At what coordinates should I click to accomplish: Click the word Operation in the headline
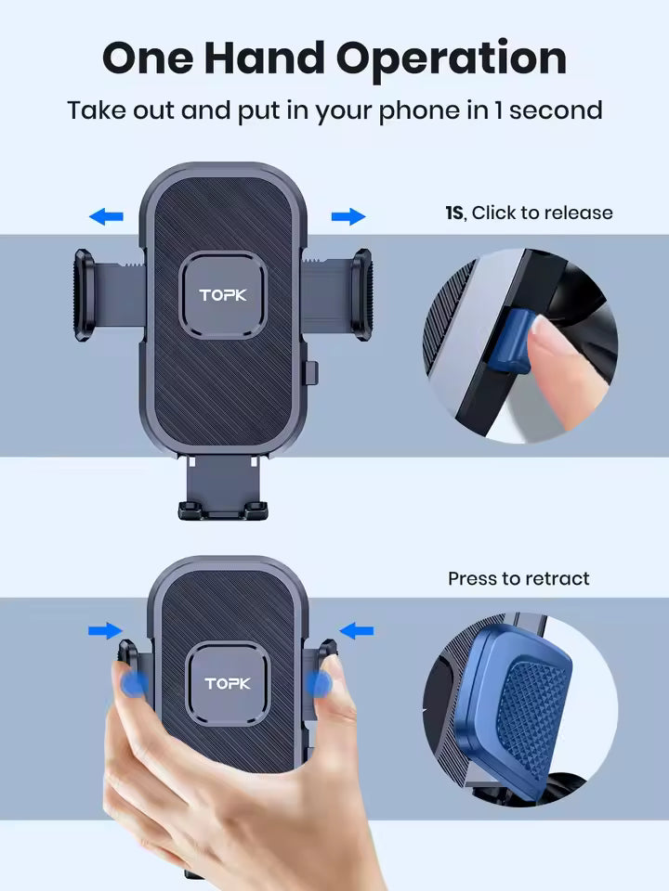click(x=452, y=58)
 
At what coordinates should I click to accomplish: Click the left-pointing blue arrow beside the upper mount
click(x=106, y=217)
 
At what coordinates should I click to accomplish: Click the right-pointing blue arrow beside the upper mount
click(x=348, y=217)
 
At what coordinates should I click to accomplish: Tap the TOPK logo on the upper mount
click(x=223, y=296)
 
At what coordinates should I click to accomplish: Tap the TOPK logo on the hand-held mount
click(x=228, y=685)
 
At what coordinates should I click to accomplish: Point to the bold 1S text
click(x=454, y=213)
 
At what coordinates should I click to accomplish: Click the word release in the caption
click(x=578, y=213)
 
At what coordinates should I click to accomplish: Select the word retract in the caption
click(x=555, y=579)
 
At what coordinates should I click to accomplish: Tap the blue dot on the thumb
click(x=136, y=685)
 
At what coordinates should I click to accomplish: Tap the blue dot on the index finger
click(x=320, y=685)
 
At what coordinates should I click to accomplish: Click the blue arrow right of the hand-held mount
click(x=356, y=631)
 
